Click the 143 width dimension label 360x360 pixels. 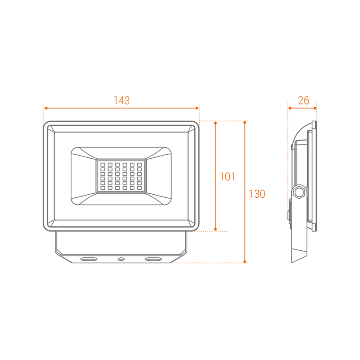point(122,100)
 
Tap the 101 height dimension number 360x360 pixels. point(228,176)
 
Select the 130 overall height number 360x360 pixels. point(257,194)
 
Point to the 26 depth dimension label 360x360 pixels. point(304,100)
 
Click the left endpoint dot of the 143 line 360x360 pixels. point(46,108)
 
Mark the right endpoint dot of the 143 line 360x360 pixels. point(197,108)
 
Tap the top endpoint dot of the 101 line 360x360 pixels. point(216,123)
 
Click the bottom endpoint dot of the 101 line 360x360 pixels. point(216,229)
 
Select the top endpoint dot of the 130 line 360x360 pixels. point(245,123)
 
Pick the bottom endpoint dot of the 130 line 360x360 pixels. point(245,262)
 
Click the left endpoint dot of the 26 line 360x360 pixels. point(290,108)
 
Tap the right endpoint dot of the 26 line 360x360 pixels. point(315,108)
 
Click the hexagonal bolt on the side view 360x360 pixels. point(299,192)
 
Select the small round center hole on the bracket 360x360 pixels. point(121,259)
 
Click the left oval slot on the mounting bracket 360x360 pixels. point(89,259)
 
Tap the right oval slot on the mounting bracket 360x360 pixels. point(153,259)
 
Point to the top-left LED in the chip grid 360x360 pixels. point(103,164)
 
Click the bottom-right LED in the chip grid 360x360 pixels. point(140,188)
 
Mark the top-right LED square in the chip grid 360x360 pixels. point(140,164)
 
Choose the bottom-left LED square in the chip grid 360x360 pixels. point(103,188)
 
